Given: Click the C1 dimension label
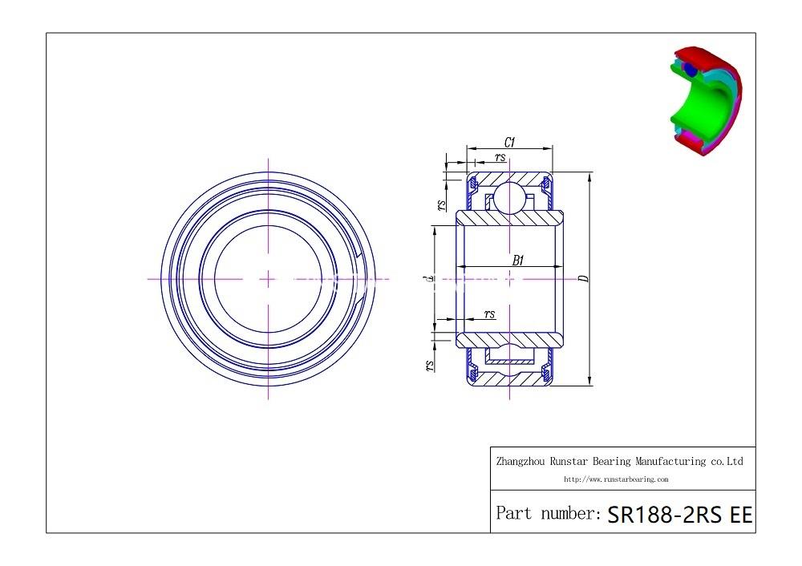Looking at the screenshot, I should pyautogui.click(x=509, y=143).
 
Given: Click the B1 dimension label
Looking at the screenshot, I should pyautogui.click(x=518, y=260).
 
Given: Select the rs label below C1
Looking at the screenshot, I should pyautogui.click(x=500, y=157).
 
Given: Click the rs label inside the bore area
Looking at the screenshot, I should pyautogui.click(x=489, y=313).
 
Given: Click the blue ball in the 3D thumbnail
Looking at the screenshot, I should pyautogui.click(x=690, y=71).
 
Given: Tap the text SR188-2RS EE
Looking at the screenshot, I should pyautogui.click(x=680, y=514).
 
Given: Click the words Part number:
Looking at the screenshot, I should pyautogui.click(x=548, y=513).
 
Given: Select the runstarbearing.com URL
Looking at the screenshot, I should pyautogui.click(x=616, y=479).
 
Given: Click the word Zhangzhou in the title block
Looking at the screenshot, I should pyautogui.click(x=521, y=461).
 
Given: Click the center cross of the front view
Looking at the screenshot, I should pyautogui.click(x=267, y=279).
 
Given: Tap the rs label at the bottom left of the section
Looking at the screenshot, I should pyautogui.click(x=430, y=365).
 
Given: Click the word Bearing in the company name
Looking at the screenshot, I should pyautogui.click(x=614, y=461).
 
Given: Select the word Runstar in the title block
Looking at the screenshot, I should pyautogui.click(x=569, y=461).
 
